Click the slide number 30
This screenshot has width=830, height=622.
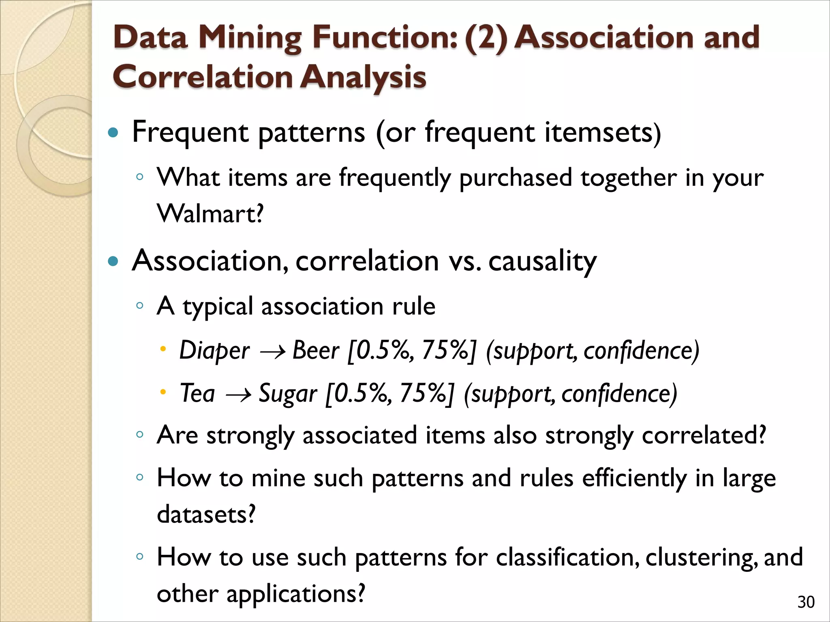pyautogui.click(x=806, y=602)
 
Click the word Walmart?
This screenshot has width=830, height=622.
pyautogui.click(x=210, y=213)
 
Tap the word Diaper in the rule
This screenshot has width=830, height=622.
pyautogui.click(x=214, y=350)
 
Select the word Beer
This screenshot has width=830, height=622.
pyautogui.click(x=316, y=350)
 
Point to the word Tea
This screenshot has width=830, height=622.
pyautogui.click(x=197, y=393)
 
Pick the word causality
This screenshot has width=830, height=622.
pyautogui.click(x=542, y=261)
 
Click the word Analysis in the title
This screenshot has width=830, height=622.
pyautogui.click(x=363, y=77)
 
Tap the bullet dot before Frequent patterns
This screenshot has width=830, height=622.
pyautogui.click(x=113, y=133)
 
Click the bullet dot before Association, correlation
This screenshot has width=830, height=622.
pyautogui.click(x=113, y=261)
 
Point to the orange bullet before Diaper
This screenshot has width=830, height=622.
pyautogui.click(x=163, y=349)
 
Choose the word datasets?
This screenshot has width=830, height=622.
pyautogui.click(x=206, y=514)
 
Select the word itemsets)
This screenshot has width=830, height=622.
pyautogui.click(x=603, y=133)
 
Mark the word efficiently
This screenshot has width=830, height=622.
pyautogui.click(x=634, y=478)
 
